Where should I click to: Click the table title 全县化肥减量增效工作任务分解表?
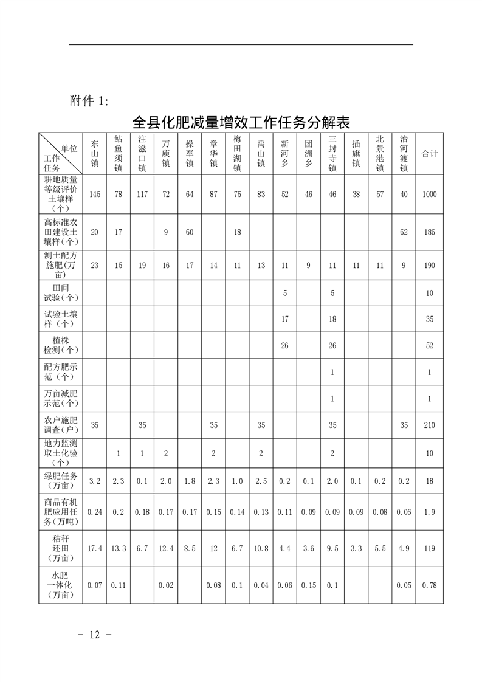[241, 122]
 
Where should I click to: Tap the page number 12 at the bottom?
[94, 635]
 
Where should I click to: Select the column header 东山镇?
[94, 154]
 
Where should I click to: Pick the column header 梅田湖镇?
[237, 154]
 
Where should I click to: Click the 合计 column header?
[430, 154]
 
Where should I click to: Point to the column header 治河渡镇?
[404, 154]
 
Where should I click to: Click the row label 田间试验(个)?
[61, 293]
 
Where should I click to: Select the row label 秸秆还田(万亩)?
[61, 548]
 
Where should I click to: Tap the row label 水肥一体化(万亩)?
[61, 585]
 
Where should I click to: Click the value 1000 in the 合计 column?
[430, 195]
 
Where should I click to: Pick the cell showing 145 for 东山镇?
[94, 195]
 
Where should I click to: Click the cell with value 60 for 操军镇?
[190, 232]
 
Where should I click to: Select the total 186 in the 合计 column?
[430, 232]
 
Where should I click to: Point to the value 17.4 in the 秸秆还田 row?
[94, 548]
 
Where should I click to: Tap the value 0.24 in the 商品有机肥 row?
[94, 512]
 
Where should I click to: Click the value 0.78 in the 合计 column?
[430, 585]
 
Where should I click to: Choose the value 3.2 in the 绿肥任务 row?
[94, 481]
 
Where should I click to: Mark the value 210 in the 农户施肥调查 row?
[430, 425]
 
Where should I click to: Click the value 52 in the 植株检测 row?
[430, 346]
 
